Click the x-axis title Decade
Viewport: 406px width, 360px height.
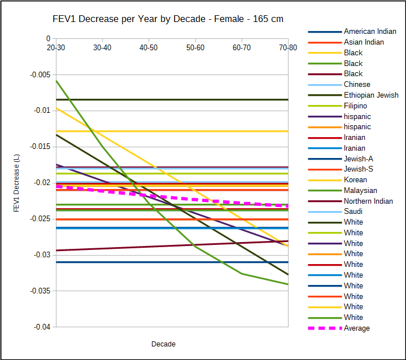point(163,344)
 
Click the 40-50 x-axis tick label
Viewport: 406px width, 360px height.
point(149,48)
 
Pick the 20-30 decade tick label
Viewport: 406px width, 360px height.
point(55,48)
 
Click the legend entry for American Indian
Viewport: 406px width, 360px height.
point(370,32)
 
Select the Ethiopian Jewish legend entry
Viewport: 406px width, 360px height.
point(371,95)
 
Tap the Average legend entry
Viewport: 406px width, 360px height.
point(357,328)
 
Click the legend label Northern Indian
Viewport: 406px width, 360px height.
point(368,201)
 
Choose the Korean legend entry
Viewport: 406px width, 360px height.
point(355,179)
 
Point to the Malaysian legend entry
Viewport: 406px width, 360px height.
point(360,190)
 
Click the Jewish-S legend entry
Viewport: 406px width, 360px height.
point(358,169)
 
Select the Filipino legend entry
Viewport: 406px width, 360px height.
point(355,106)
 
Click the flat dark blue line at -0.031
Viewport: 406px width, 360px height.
point(169,262)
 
